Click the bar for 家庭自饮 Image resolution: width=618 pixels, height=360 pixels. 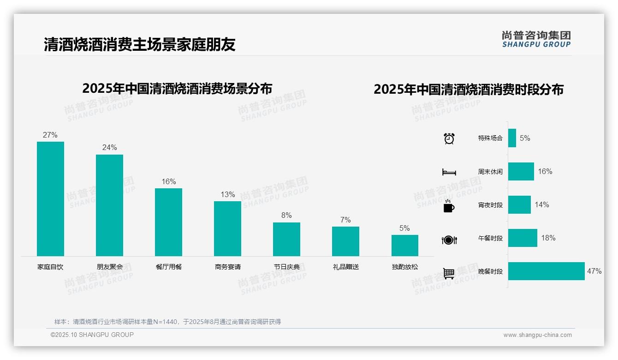50,198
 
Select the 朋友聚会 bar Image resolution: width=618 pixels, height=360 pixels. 109,205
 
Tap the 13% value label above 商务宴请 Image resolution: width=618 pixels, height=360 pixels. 227,194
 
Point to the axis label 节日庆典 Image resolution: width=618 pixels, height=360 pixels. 286,267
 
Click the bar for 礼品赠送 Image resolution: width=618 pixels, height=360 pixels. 345,241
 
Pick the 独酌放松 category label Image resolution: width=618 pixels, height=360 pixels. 405,267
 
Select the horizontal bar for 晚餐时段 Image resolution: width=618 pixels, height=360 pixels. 546,271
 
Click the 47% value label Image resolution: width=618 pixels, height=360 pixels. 594,271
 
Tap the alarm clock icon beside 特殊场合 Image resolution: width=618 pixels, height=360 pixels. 449,138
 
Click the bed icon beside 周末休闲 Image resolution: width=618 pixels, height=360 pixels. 449,172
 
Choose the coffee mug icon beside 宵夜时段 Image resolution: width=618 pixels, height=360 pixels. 449,205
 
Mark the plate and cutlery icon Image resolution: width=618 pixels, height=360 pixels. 449,240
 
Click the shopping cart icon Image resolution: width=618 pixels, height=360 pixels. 449,273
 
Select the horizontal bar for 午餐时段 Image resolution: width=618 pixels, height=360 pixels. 523,238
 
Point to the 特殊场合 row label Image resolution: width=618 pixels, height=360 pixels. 490,138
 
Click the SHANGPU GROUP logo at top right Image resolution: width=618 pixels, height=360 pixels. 536,39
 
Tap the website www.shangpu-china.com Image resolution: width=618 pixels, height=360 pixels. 537,335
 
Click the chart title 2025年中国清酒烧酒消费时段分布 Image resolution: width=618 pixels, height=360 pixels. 469,90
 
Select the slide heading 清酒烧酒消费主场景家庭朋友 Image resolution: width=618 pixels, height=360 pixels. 140,44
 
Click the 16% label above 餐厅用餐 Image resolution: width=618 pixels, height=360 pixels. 168,181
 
